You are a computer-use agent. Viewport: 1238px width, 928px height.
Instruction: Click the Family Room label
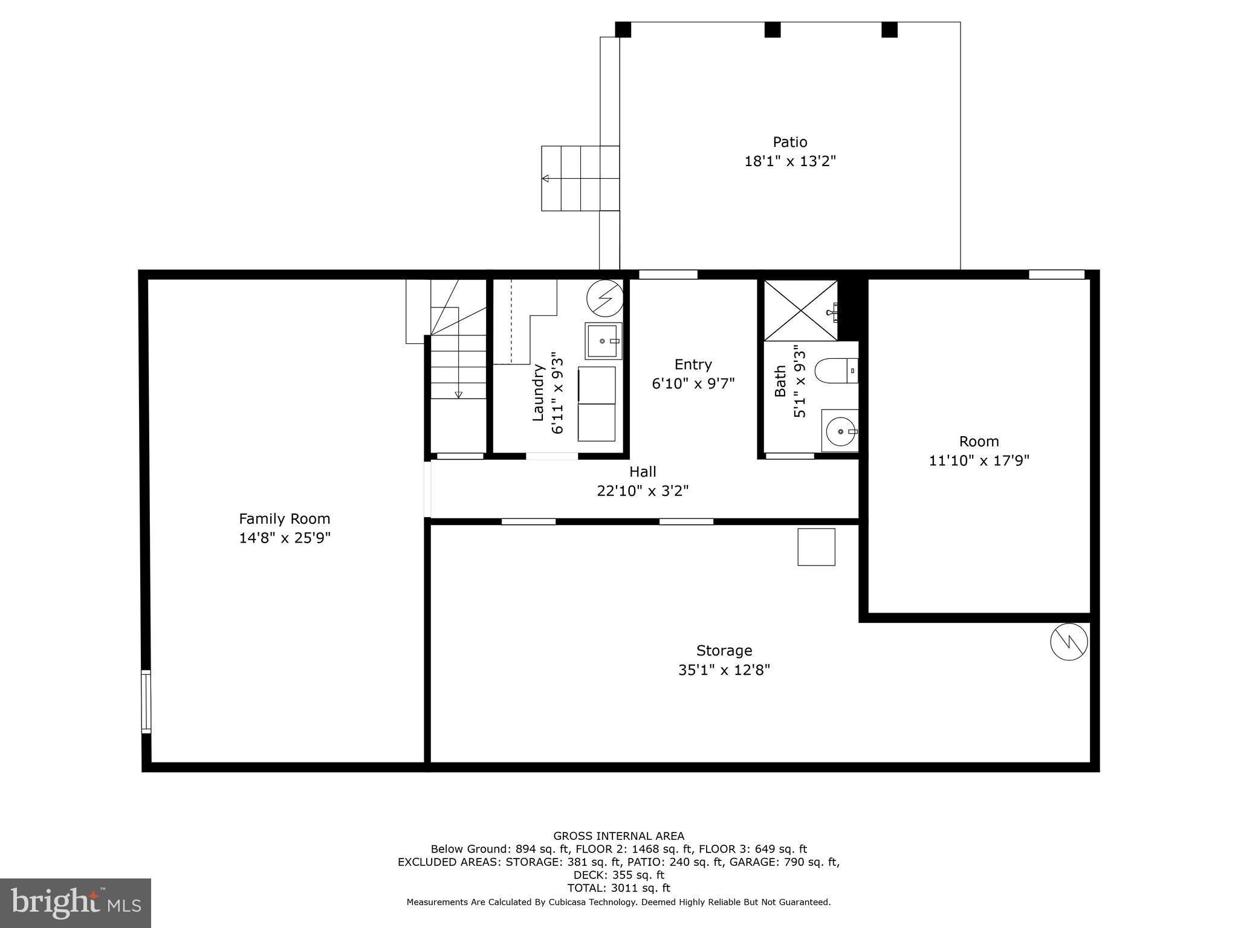click(284, 518)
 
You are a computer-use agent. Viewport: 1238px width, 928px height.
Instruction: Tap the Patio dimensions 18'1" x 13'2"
click(789, 161)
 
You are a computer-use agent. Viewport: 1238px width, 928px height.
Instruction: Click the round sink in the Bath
click(840, 431)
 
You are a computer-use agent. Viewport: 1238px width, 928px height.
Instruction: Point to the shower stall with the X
click(800, 311)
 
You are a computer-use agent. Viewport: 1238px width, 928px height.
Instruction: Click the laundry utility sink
click(603, 341)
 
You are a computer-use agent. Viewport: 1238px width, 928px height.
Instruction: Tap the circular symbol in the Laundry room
click(604, 298)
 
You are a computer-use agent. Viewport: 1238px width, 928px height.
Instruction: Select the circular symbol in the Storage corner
click(1069, 641)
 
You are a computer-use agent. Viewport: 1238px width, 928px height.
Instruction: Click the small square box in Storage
click(816, 547)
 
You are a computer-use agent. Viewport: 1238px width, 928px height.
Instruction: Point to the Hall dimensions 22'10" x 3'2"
click(643, 491)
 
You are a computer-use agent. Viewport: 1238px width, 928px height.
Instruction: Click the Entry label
click(693, 364)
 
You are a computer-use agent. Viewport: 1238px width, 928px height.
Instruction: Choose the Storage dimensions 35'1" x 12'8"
click(724, 670)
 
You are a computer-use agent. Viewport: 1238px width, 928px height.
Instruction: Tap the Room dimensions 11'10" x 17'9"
click(979, 461)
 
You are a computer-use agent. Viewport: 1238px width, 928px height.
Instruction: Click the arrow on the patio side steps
click(546, 178)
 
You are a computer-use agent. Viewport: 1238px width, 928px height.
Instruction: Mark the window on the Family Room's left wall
click(146, 701)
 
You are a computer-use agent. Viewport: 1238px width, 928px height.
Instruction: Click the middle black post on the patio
click(772, 30)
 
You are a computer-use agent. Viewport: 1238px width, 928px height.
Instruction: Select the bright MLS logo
click(76, 903)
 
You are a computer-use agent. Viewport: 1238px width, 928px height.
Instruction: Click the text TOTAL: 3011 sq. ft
click(618, 888)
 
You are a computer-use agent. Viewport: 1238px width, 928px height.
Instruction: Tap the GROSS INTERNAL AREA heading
click(618, 836)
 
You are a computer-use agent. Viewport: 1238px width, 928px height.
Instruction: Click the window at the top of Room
click(1056, 274)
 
